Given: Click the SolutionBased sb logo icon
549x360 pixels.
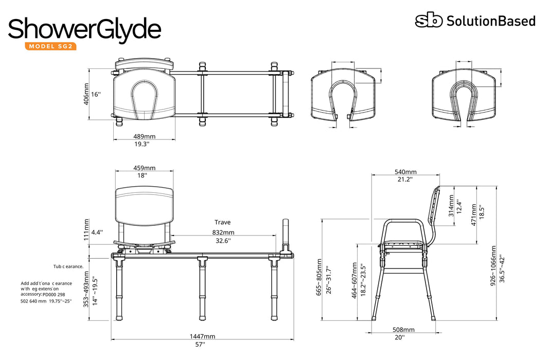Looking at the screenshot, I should pos(429,21).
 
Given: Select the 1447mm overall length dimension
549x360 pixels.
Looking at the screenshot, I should pos(202,336).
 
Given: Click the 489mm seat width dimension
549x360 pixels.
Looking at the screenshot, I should pos(145,136).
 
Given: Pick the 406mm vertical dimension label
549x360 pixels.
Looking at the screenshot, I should pos(86,94).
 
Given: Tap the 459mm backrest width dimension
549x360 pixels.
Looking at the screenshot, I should pos(145,168).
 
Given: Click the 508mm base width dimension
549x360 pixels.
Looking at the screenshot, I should pos(403,330).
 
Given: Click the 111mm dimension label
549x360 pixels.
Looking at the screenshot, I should pos(86,229).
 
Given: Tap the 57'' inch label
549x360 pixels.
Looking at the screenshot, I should pos(200,345).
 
